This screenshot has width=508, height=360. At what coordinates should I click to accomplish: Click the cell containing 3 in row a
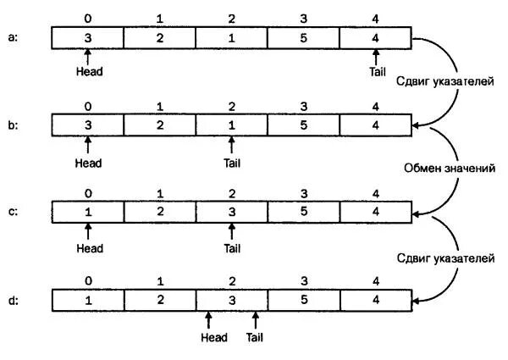pyautogui.click(x=88, y=38)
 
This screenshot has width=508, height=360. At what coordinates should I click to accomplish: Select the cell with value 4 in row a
pyautogui.click(x=376, y=38)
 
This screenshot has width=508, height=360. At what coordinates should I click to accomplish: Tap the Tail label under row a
pyautogui.click(x=377, y=73)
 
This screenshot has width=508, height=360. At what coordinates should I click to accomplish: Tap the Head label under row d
pyautogui.click(x=214, y=336)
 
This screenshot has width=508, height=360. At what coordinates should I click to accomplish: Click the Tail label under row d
pyautogui.click(x=257, y=336)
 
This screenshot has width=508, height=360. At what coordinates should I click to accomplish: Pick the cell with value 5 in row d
pyautogui.click(x=304, y=299)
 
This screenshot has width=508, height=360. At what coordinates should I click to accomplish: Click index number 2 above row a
pyautogui.click(x=232, y=17)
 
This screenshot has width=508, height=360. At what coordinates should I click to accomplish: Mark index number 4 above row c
pyautogui.click(x=376, y=191)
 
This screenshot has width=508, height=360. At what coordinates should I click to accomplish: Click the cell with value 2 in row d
pyautogui.click(x=160, y=299)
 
